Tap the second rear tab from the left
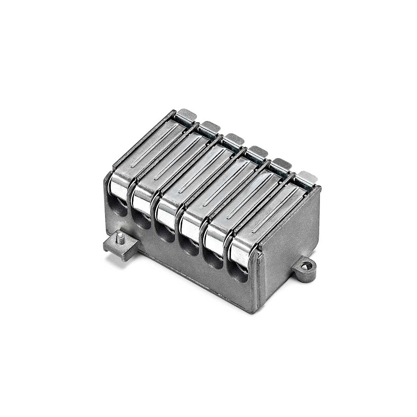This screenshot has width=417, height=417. point(210,127)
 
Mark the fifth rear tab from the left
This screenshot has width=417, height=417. point(281,164)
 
